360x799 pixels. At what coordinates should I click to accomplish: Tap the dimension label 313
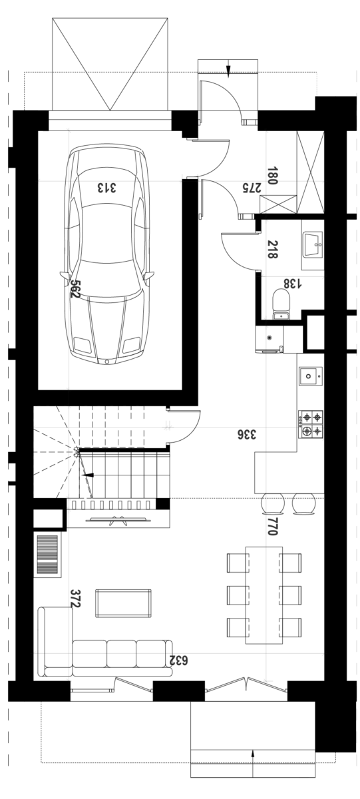click(x=106, y=188)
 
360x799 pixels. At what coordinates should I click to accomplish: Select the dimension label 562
click(x=75, y=288)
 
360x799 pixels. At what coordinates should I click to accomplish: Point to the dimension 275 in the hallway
click(x=252, y=188)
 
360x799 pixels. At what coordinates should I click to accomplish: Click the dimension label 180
click(x=272, y=176)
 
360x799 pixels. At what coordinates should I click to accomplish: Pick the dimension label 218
click(x=272, y=249)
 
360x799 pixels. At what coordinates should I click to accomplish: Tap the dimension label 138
click(x=292, y=284)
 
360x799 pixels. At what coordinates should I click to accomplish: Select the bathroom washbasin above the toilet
click(x=312, y=244)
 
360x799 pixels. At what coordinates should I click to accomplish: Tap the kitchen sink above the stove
click(x=310, y=376)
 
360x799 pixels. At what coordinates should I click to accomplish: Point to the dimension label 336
click(x=247, y=434)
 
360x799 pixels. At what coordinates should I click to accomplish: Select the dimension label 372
click(x=76, y=598)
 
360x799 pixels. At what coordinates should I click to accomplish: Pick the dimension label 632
click(x=178, y=661)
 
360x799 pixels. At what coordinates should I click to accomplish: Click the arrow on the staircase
click(x=87, y=475)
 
